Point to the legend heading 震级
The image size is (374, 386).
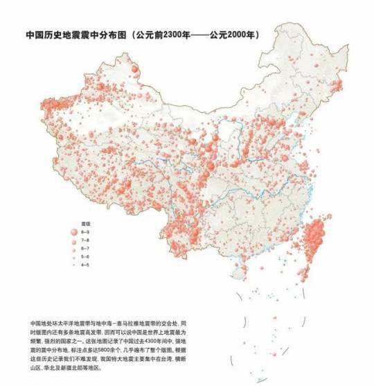(x=87, y=225)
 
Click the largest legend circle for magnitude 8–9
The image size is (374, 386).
(x=75, y=233)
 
